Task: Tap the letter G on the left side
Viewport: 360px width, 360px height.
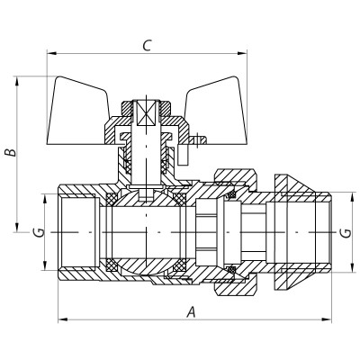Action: click(37, 232)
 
